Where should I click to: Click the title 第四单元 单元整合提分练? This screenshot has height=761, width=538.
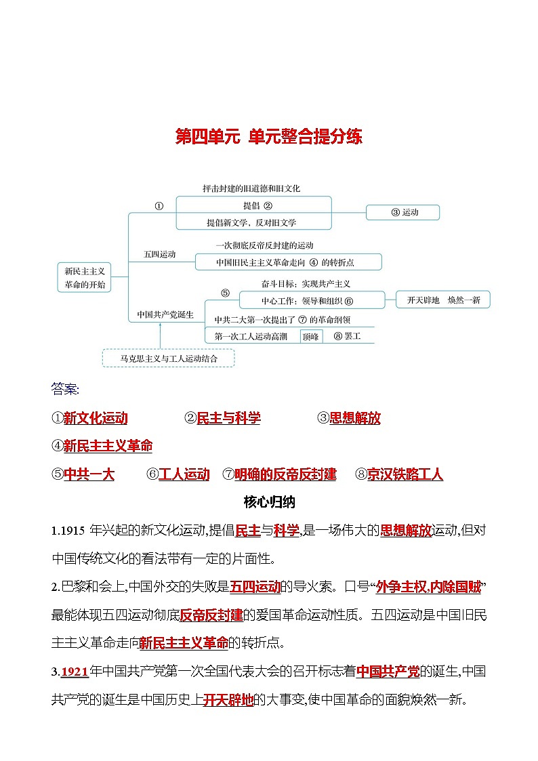(269, 137)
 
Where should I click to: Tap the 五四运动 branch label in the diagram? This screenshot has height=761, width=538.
(160, 255)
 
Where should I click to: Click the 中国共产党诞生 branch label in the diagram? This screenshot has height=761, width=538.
(165, 314)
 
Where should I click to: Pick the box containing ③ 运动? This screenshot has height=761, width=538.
(403, 212)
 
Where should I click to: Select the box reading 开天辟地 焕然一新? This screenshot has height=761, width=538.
(443, 300)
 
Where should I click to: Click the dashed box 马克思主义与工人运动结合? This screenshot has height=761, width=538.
(169, 358)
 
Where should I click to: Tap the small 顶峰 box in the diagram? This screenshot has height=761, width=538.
(310, 336)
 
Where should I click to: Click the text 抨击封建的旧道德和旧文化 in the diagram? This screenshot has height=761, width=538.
(251, 188)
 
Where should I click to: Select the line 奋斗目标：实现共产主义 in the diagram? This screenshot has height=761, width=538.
(295, 283)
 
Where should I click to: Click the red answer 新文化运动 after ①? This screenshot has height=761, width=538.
(96, 418)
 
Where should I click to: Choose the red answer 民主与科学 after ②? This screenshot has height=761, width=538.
(228, 418)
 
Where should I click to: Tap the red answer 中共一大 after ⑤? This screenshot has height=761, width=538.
(89, 474)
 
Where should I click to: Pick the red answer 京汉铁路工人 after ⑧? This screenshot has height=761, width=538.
(405, 474)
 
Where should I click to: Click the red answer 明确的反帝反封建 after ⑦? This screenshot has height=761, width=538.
(285, 474)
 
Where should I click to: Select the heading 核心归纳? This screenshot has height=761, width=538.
(269, 502)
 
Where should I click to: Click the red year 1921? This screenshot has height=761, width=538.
(75, 672)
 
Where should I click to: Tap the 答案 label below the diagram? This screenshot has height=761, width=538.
(65, 389)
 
